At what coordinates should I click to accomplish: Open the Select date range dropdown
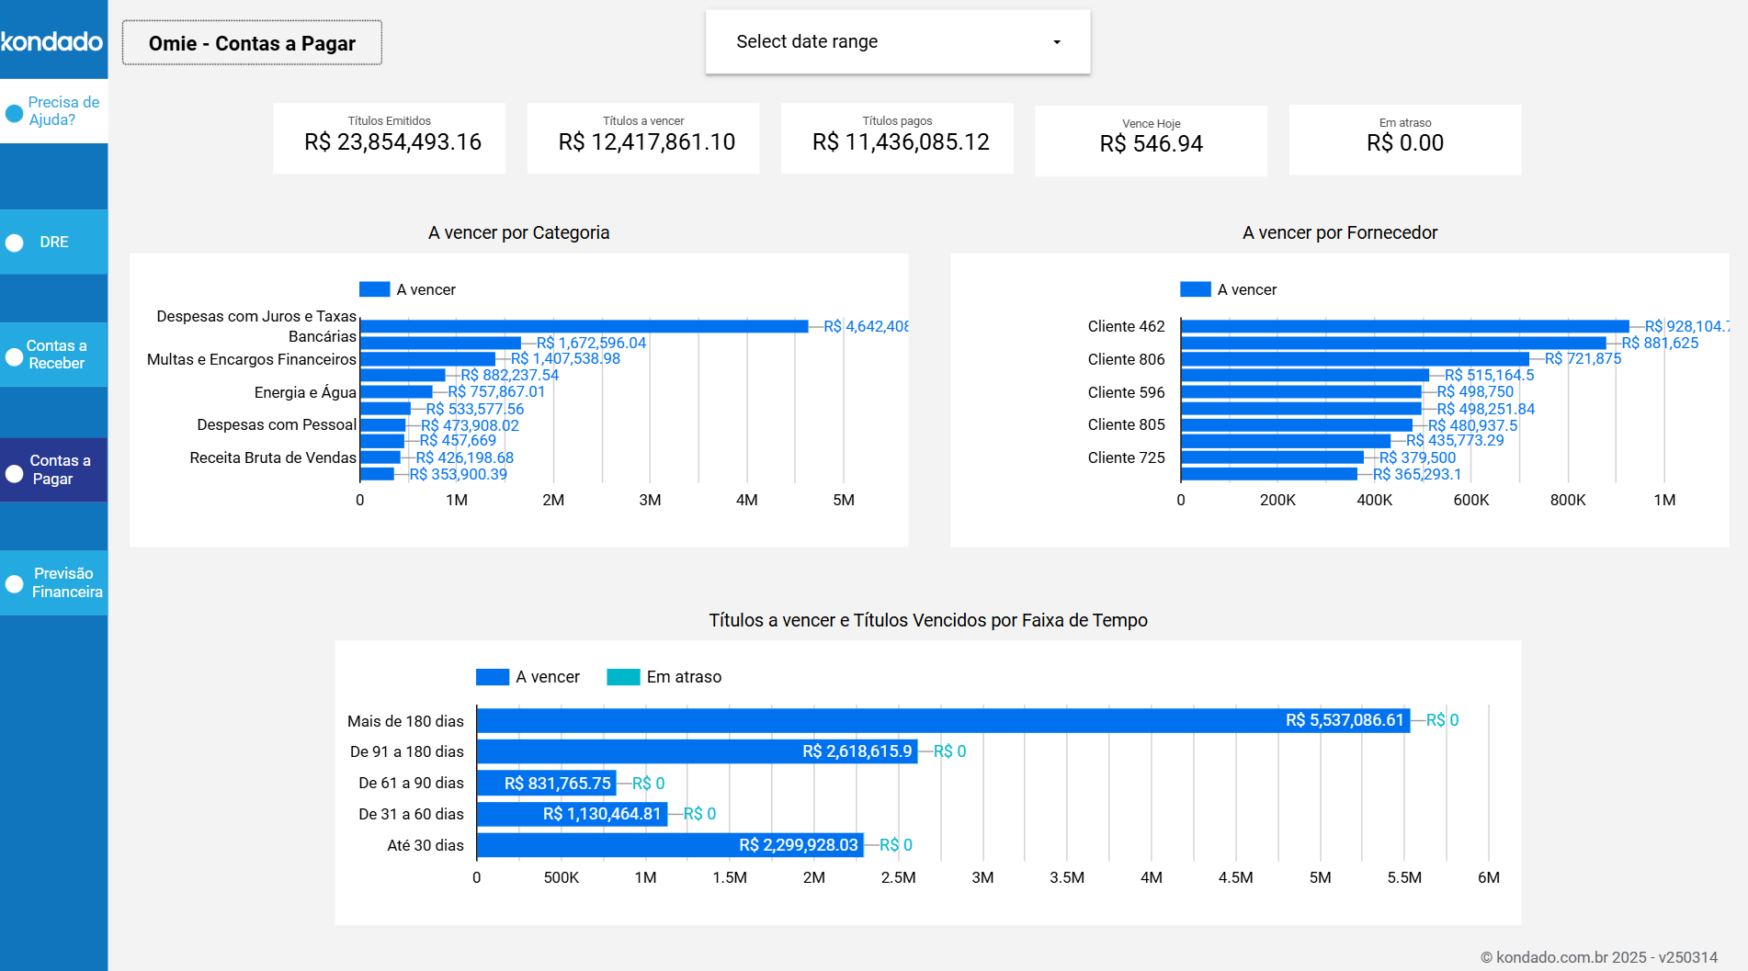(x=897, y=42)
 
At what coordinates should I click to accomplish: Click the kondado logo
(x=52, y=41)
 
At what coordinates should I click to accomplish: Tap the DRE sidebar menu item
(x=53, y=243)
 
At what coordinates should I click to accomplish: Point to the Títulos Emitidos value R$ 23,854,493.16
(x=392, y=142)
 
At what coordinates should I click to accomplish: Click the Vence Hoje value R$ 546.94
(x=1151, y=144)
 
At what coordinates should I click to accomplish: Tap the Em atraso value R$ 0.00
(x=1404, y=143)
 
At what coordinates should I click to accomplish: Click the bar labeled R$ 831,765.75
(x=546, y=784)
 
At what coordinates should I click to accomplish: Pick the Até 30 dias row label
(x=425, y=845)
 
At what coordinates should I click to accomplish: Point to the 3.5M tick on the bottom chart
(x=1066, y=877)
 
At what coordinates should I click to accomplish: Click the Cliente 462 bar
(x=1404, y=326)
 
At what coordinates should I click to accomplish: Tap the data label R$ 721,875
(x=1583, y=359)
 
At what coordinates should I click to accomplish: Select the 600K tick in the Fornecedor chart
(x=1470, y=500)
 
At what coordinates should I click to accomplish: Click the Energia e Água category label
(x=304, y=392)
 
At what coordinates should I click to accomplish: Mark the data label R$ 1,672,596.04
(x=591, y=343)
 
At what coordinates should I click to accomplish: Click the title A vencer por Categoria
(x=518, y=232)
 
